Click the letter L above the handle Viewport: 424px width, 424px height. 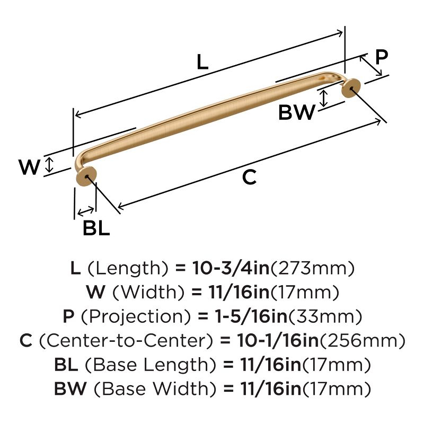click(202, 63)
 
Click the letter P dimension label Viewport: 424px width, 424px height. click(381, 57)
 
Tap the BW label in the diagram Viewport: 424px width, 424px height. click(297, 112)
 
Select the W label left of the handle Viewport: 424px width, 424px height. click(30, 167)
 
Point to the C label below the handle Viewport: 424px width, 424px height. click(249, 178)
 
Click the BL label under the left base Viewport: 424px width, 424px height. click(96, 228)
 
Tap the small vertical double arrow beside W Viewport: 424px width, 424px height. click(49, 164)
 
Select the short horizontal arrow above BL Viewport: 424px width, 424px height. click(85, 212)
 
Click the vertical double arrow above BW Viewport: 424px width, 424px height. click(324, 97)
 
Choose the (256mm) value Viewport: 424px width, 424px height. click(364, 341)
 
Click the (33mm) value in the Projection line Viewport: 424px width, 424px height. click(325, 317)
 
